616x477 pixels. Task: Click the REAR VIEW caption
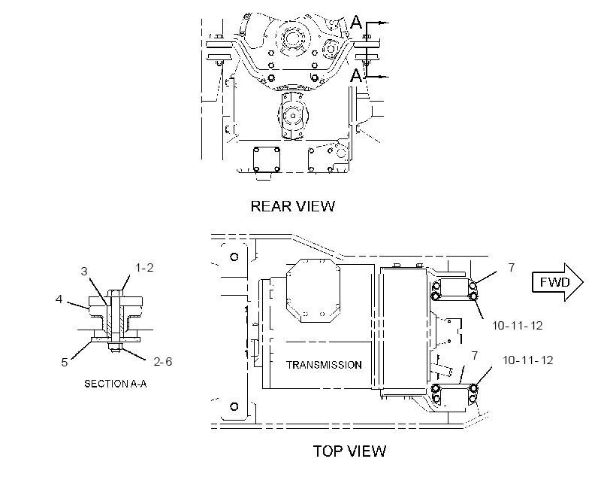click(x=293, y=206)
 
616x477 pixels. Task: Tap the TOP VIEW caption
click(x=349, y=451)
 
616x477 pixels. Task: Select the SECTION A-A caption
click(x=116, y=384)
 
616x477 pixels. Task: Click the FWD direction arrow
click(x=557, y=282)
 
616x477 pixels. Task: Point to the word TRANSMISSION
click(x=324, y=365)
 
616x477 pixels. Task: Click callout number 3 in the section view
click(x=84, y=271)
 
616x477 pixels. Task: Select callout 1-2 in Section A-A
click(x=144, y=268)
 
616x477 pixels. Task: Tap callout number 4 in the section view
click(x=59, y=299)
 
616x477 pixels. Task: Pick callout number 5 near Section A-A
click(x=65, y=362)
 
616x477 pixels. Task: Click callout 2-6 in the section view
click(x=163, y=361)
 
